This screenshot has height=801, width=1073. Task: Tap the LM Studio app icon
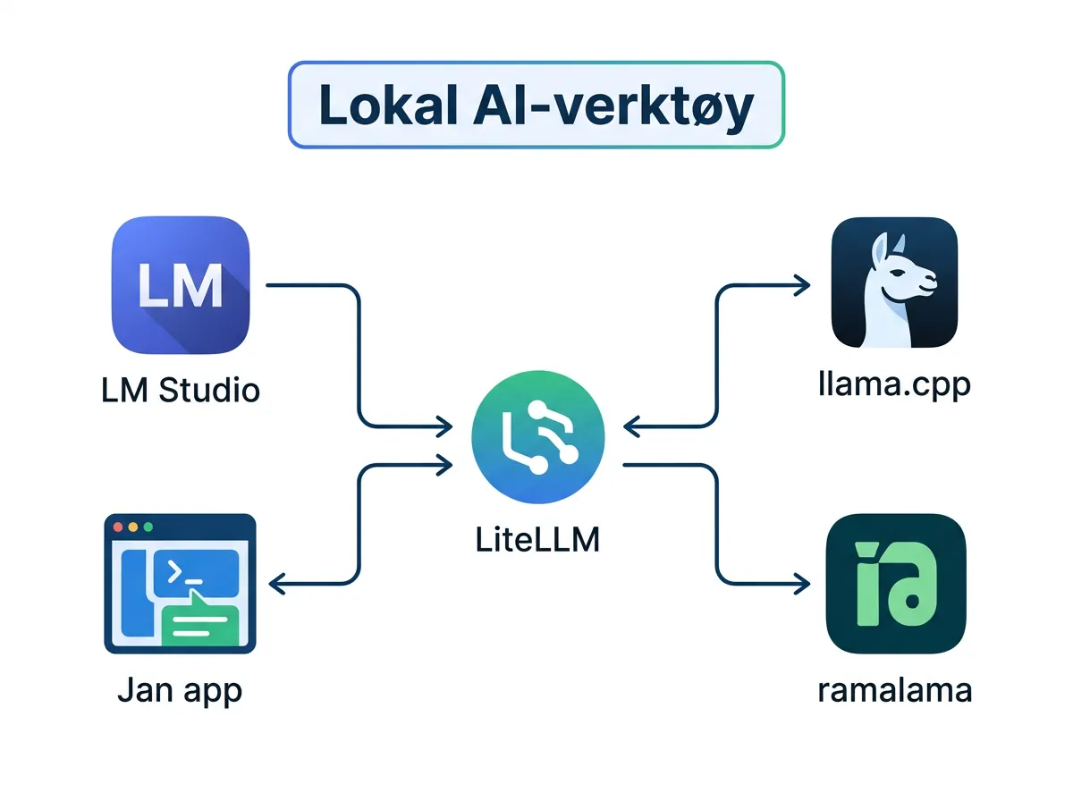(x=181, y=285)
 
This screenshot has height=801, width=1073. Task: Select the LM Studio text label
(x=180, y=391)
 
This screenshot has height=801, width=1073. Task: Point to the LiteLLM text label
(x=537, y=541)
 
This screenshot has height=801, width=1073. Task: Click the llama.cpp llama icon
(x=894, y=282)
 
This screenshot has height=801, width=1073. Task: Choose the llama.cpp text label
(x=895, y=387)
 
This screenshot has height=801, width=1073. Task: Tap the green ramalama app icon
(x=896, y=583)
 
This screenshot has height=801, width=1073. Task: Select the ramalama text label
(x=895, y=691)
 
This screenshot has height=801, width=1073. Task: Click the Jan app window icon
(x=181, y=583)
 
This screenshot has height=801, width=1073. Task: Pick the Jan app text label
(x=180, y=691)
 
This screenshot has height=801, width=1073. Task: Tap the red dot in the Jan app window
(x=115, y=527)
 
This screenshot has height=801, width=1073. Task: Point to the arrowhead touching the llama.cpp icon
(x=802, y=285)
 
